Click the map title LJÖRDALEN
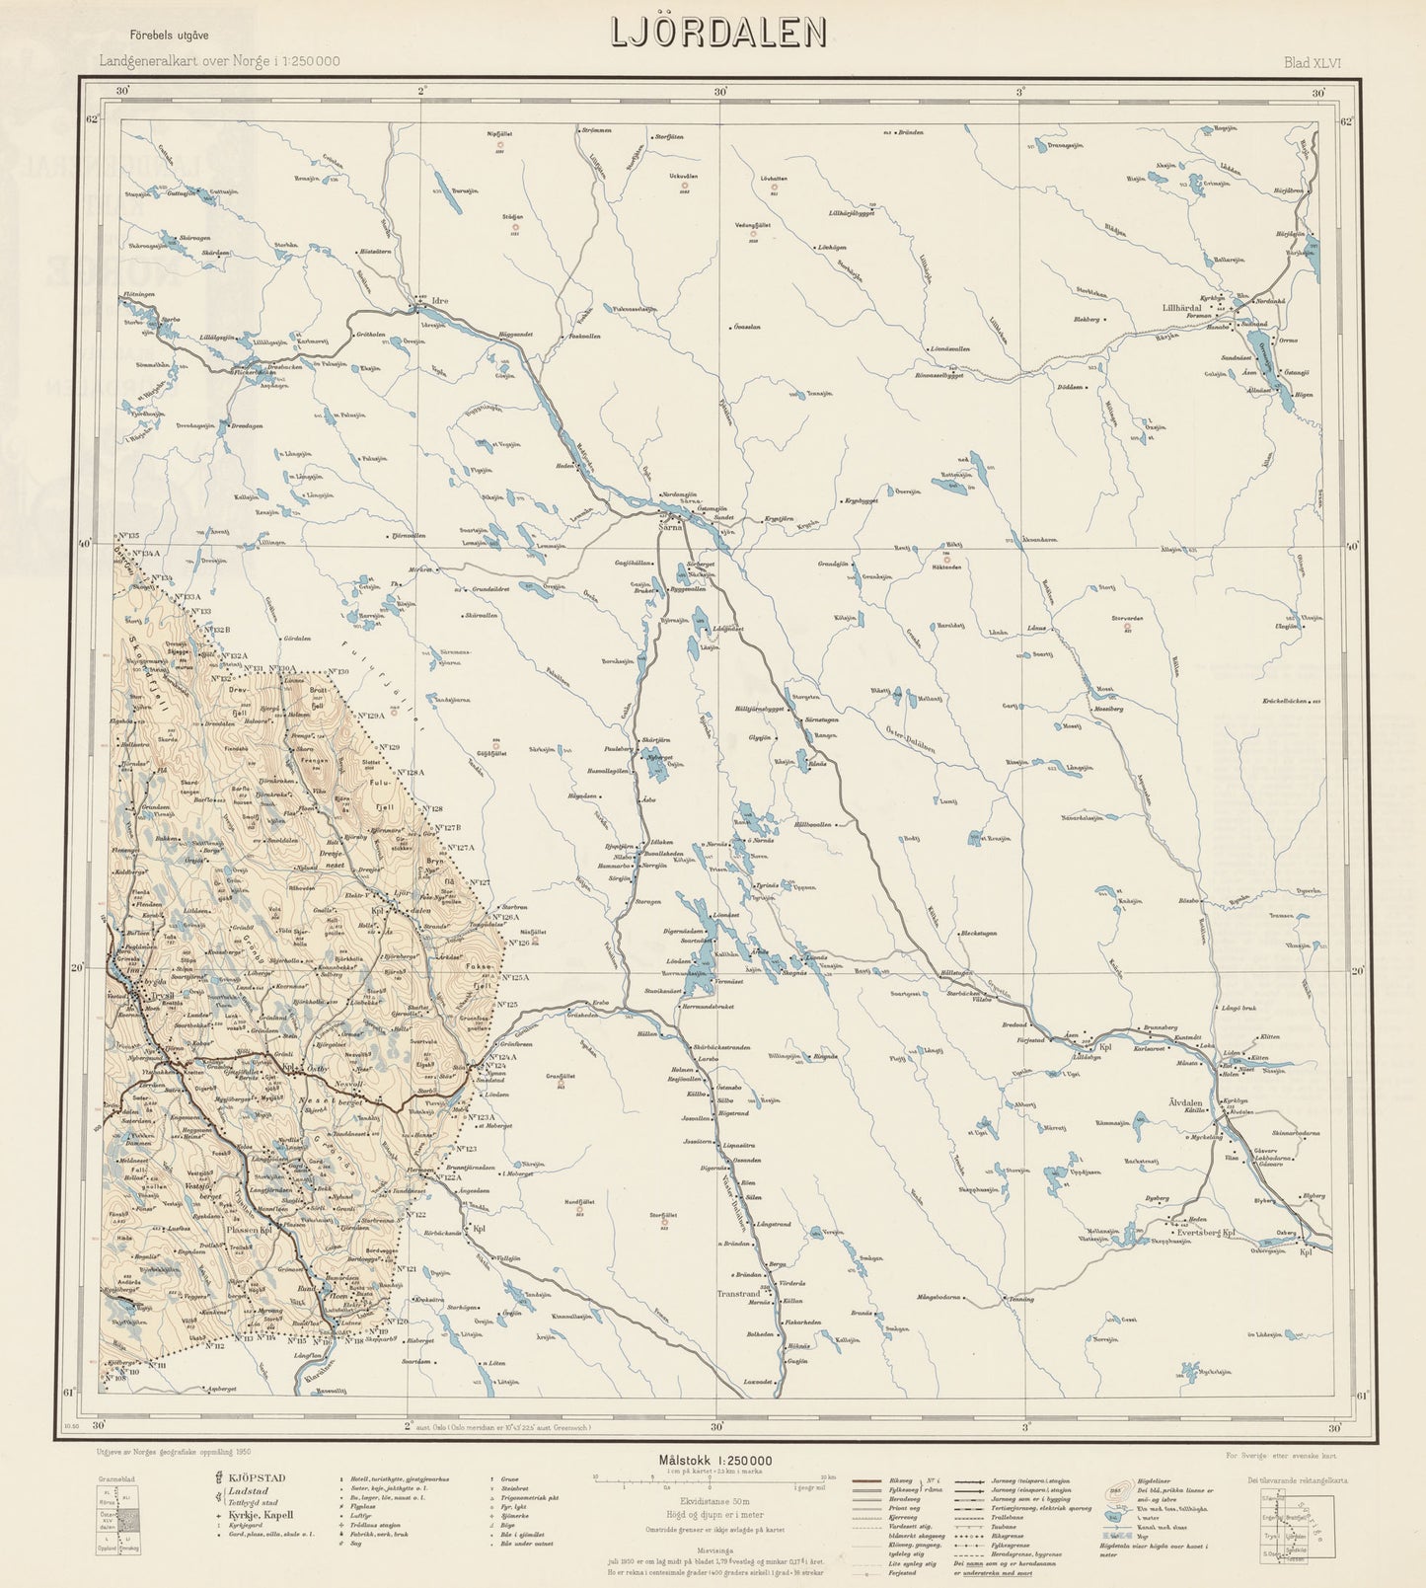coord(717,35)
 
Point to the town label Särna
coord(671,527)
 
